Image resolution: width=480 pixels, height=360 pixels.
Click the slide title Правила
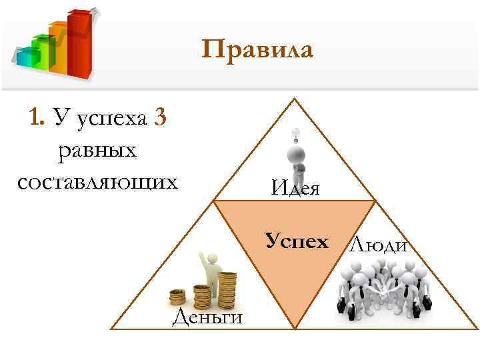click(257, 51)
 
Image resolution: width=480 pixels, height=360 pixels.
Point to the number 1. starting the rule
click(37, 119)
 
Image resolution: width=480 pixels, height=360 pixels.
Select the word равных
click(97, 149)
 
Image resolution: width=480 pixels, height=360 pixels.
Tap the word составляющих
click(97, 181)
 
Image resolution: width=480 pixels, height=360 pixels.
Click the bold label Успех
click(297, 240)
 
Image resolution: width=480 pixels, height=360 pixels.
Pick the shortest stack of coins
click(178, 297)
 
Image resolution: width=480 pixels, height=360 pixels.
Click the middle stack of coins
click(202, 295)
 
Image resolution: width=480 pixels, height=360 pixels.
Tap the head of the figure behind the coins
click(213, 258)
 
